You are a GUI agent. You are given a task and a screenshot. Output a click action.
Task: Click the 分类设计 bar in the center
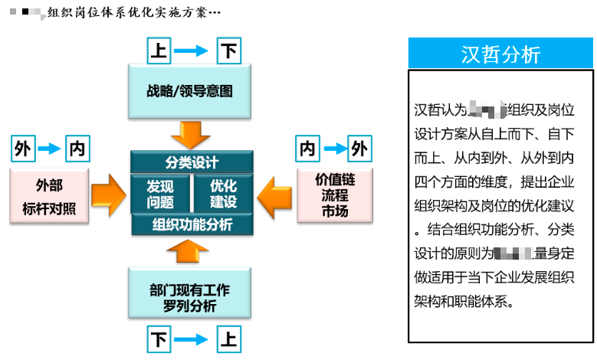coord(192,162)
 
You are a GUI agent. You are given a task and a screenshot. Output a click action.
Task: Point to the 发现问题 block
coord(160,194)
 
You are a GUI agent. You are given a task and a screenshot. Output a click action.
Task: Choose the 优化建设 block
coord(223,194)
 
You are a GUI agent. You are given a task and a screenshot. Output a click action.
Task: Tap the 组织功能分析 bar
coord(192,224)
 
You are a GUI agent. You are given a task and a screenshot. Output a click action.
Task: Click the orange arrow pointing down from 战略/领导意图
coord(190,133)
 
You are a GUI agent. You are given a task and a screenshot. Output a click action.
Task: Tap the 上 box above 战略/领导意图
coord(158,51)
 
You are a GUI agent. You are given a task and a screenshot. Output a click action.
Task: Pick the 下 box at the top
coord(228,51)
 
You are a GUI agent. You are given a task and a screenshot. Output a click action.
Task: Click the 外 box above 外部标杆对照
coord(23,148)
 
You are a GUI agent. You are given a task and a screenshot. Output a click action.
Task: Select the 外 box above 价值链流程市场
coord(359,148)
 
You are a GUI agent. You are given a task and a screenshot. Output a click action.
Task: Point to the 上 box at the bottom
coord(228,339)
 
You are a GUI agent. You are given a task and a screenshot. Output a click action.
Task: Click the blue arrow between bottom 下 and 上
coord(192,339)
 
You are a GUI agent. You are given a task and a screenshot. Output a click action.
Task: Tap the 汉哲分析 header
coord(500,54)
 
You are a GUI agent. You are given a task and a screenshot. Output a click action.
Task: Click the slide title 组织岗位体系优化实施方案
coord(134,12)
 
